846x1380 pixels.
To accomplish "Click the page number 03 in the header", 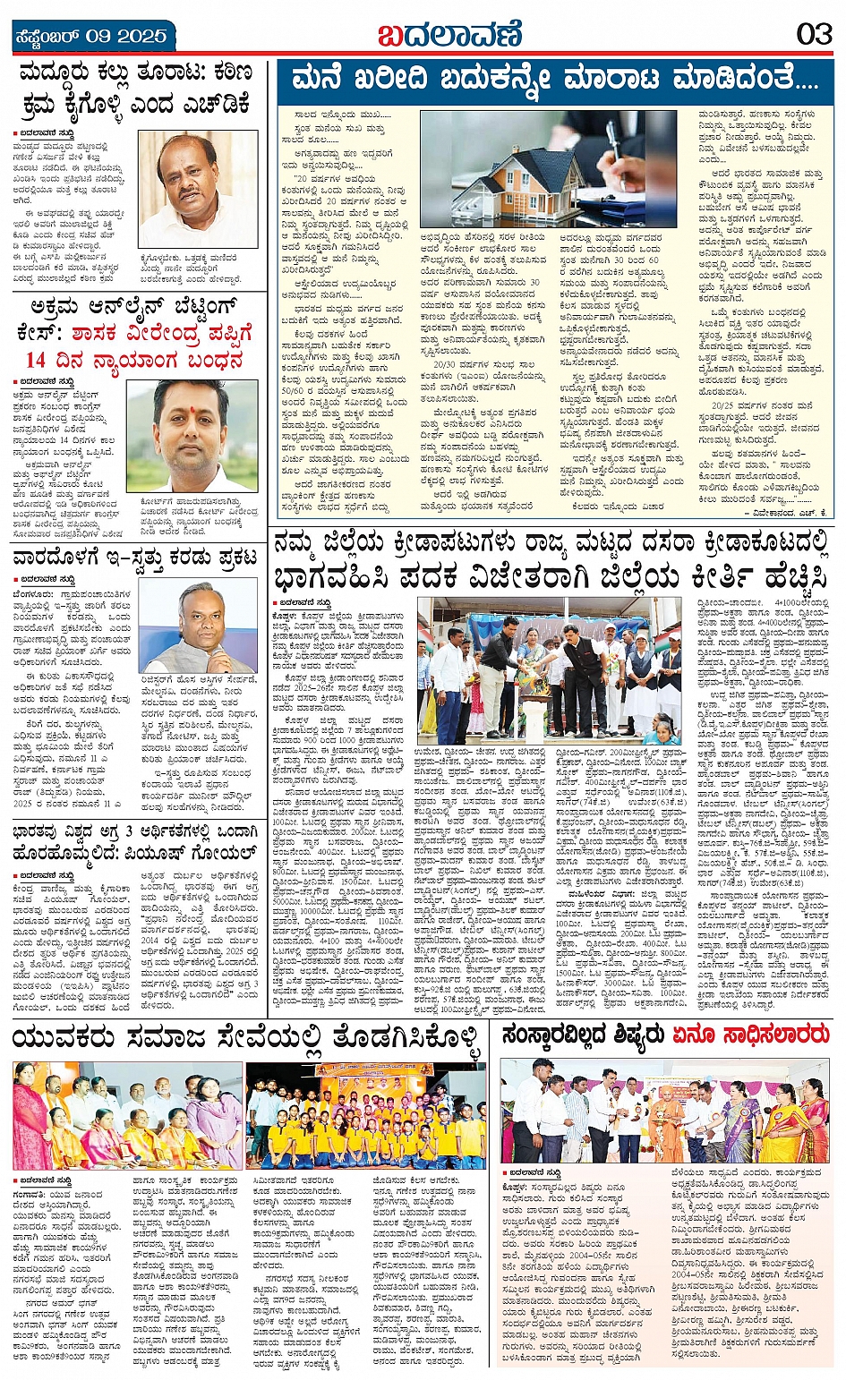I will coord(814,36).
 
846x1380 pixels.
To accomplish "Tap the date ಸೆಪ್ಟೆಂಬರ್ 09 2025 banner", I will coord(92,37).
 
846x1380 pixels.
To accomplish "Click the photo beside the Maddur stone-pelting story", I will coord(197,189).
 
